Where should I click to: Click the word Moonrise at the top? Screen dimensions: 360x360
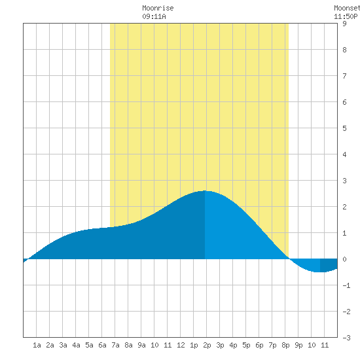coord(158,8)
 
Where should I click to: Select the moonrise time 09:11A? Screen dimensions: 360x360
coord(154,16)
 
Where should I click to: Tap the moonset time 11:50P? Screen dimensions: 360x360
coord(346,16)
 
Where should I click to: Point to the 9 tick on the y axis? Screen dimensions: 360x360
coord(344,24)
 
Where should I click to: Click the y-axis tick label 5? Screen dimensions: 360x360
coord(344,128)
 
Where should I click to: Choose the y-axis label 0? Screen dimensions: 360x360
coord(344,259)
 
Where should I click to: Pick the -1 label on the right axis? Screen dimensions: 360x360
coord(346,285)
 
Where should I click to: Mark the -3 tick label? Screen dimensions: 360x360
coord(346,338)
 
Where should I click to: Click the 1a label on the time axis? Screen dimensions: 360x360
coord(37,345)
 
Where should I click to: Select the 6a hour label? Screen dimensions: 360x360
coord(102,345)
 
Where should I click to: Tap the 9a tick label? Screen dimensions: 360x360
coord(141,345)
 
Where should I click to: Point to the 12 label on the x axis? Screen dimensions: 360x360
coord(181,345)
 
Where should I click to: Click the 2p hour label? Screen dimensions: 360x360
coord(207,345)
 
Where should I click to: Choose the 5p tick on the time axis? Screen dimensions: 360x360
coord(246,345)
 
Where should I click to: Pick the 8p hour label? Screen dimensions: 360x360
coord(285,345)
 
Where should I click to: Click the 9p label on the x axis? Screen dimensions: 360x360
coord(298,345)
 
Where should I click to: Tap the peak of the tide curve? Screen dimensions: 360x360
coord(205,190)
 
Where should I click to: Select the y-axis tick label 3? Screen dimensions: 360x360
coord(344,181)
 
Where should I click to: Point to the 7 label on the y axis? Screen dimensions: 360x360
coord(344,76)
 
